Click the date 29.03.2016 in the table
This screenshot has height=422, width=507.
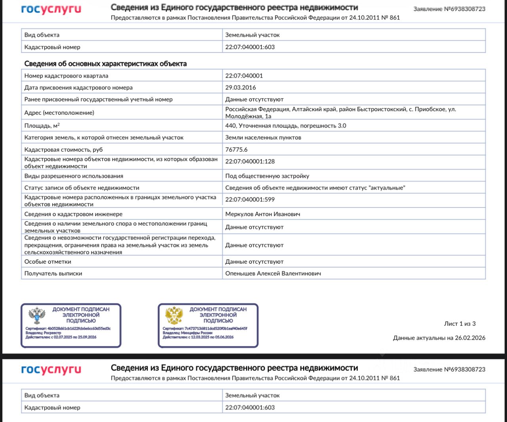[240, 87]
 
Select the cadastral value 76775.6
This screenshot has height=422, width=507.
[236, 150]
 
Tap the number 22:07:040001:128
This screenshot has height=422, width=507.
[250, 162]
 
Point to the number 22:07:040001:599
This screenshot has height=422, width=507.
[250, 200]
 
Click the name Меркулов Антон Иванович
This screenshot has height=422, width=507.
[263, 214]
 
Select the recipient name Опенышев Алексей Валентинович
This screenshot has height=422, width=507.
[273, 274]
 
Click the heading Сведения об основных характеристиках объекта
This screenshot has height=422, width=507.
[105, 64]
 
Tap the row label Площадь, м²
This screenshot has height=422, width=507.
[42, 126]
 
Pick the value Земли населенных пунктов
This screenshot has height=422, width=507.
[263, 138]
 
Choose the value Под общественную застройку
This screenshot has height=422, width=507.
[267, 176]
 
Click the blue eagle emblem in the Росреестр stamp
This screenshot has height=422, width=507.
[37, 316]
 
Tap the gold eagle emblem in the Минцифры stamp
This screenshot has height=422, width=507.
[174, 316]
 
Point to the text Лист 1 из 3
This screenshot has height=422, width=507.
[459, 324]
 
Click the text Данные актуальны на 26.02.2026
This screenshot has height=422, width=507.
[439, 338]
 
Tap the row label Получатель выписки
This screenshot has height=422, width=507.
[53, 274]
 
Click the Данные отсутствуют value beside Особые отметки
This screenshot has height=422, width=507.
[254, 262]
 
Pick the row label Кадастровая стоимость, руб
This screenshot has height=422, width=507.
[63, 150]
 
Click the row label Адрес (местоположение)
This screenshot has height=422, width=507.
[59, 113]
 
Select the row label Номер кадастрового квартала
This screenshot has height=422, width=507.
[66, 76]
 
